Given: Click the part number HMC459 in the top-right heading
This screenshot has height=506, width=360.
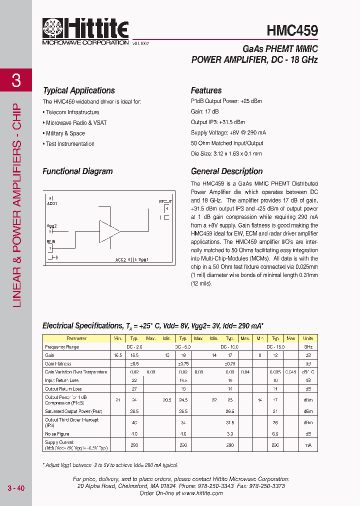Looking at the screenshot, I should [292, 31].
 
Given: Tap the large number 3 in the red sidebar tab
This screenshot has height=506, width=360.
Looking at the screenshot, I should [16, 80].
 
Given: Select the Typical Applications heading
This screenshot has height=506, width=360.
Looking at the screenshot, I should [79, 90].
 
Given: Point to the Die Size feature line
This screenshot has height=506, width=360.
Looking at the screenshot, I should [226, 154].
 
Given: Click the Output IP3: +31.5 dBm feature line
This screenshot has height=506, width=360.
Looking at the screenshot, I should [218, 122].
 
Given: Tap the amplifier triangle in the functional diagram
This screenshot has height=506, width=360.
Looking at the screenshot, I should [109, 231].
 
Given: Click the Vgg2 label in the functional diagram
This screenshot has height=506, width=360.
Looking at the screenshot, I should [52, 225].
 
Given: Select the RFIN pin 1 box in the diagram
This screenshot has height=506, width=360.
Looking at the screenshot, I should [50, 247].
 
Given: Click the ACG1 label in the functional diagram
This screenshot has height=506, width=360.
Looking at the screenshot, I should [52, 203].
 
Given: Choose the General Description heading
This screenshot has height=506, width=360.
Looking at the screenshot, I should [226, 171].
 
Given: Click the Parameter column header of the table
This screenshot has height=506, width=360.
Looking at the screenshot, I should [76, 338].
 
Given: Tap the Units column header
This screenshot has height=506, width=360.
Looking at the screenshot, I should [308, 338].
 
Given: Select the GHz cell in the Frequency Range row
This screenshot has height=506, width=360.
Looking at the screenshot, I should [308, 346].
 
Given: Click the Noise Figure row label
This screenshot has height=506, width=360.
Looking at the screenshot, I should [57, 434].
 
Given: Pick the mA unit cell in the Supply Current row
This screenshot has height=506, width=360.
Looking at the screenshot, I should [308, 445].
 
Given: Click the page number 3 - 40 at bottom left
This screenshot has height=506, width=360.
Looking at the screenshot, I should [16, 488].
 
